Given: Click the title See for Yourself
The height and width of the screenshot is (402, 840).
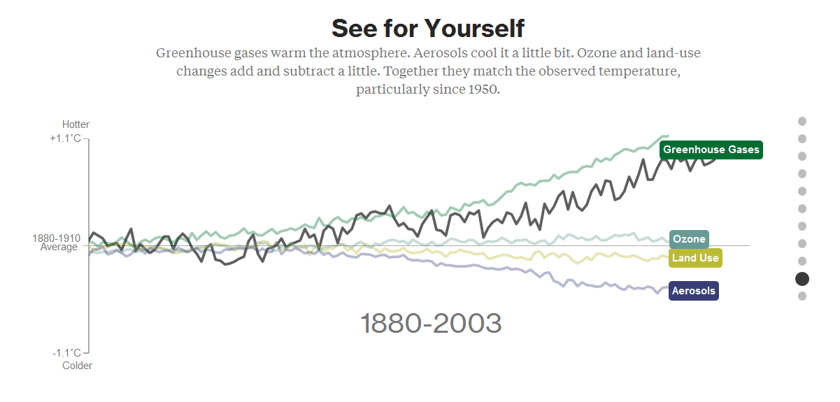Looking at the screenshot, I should pos(427,29).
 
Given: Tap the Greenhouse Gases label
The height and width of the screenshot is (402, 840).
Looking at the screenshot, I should pos(711,150).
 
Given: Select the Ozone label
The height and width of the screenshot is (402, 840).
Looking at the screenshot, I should pos(689,239).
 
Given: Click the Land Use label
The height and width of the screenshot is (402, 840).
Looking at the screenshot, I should pos(695,258).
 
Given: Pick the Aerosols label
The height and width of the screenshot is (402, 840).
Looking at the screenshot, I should pos(693,291).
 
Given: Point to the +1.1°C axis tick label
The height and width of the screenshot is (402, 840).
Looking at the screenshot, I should pos(66,138).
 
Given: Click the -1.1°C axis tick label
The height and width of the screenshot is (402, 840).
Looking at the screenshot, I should pos(68,353).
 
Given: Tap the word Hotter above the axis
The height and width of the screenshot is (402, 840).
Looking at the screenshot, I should pos(76,124).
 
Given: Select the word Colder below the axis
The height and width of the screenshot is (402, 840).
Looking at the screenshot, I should pos(77,365).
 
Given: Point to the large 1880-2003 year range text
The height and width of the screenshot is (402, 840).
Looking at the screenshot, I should pos(431,324).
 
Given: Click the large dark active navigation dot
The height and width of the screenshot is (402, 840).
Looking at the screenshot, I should pos(802,279).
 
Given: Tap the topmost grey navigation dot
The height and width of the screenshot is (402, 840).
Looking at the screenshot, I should pos(802,121).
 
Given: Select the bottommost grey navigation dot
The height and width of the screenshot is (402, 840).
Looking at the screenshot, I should pos(802,296).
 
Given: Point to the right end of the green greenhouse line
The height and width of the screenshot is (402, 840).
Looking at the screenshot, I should pos(668,136).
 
